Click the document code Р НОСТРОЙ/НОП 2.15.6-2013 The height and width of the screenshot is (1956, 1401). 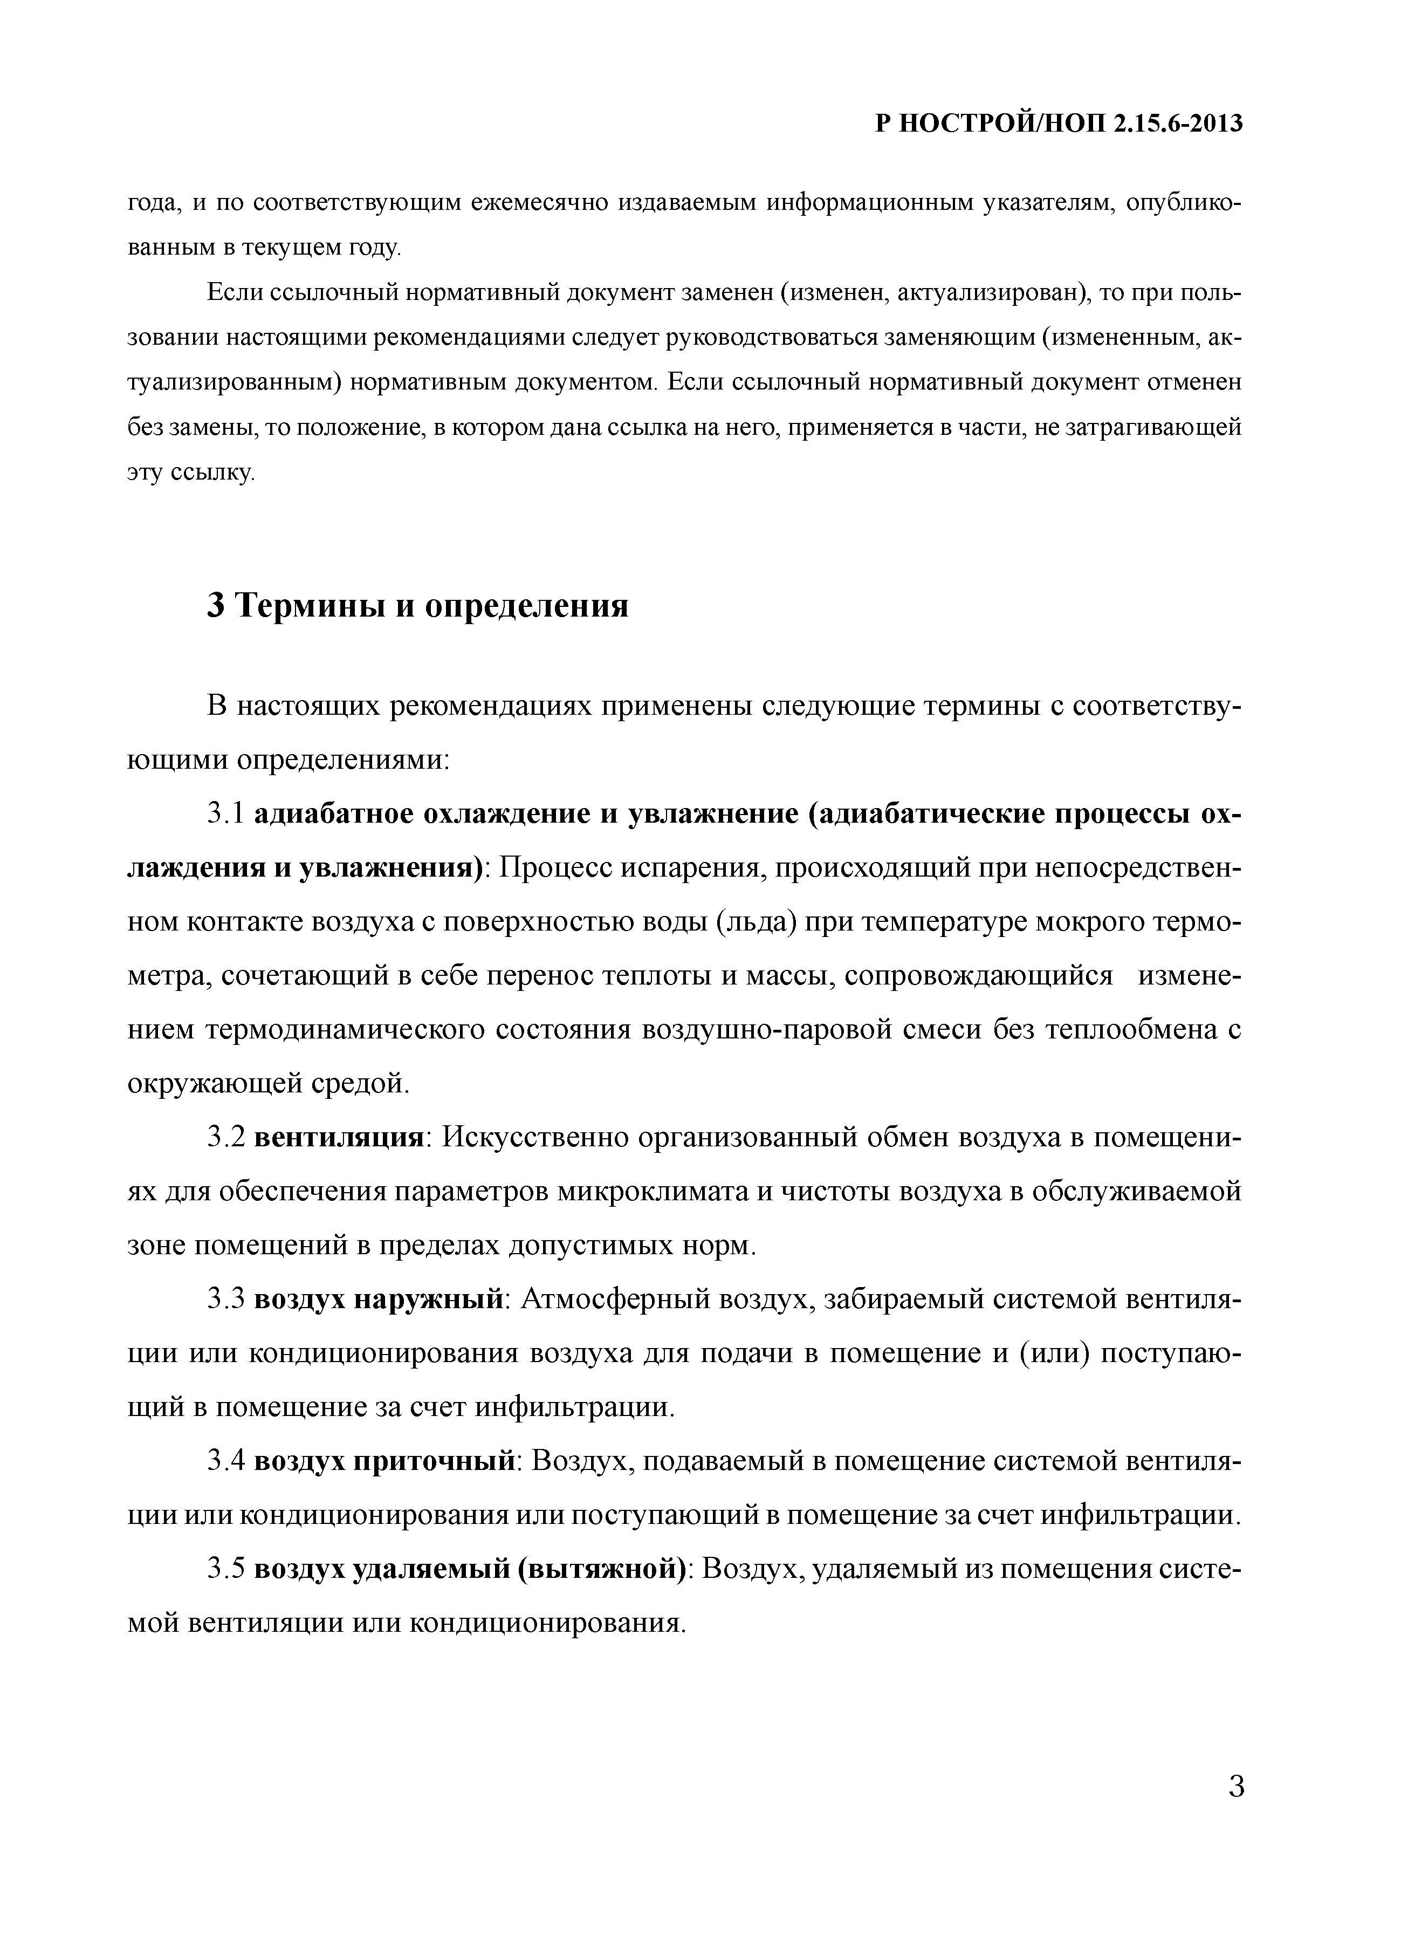point(1059,124)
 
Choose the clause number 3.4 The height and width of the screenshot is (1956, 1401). point(226,1461)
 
